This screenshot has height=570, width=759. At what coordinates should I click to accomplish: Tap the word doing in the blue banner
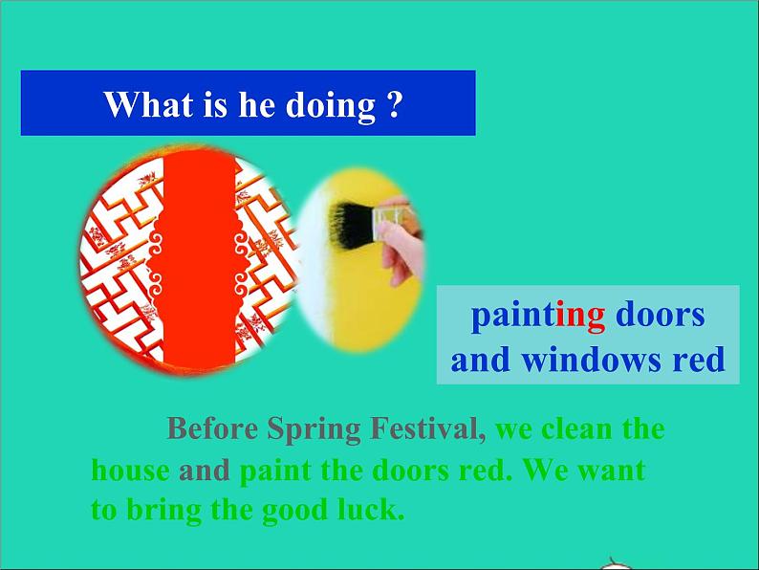point(331,105)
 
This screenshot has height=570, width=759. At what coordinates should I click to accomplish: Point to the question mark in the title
point(394,103)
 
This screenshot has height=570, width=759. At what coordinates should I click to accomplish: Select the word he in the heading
point(257,103)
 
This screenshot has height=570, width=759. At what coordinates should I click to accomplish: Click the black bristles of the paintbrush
point(350,224)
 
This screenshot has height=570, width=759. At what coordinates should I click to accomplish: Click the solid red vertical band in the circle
point(199,261)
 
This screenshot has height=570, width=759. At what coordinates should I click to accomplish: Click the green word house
point(131,471)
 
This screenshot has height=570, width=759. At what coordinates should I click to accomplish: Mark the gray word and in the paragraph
point(205,471)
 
